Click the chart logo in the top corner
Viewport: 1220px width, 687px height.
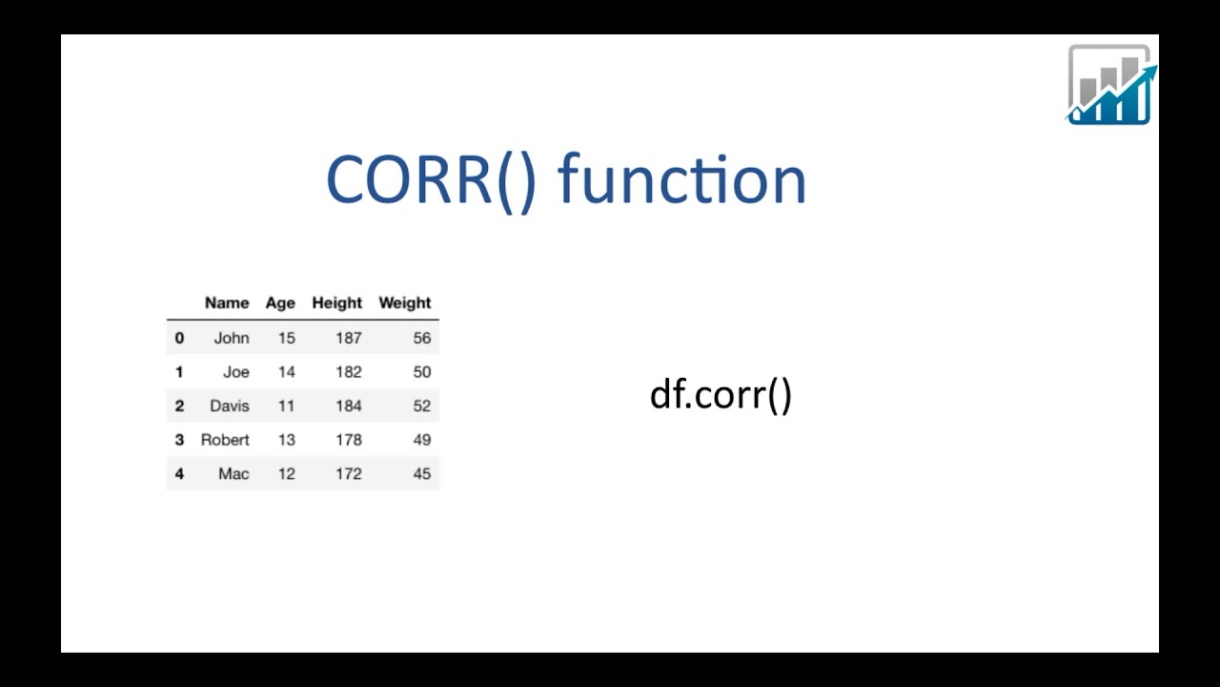[x=1110, y=85]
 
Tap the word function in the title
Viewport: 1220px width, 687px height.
[x=681, y=180]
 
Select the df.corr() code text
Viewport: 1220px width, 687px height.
[x=721, y=394]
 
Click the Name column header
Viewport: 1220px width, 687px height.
[x=227, y=303]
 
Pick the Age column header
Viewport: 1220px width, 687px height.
[x=280, y=303]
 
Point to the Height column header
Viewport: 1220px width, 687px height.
[x=336, y=303]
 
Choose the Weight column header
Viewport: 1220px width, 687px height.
[x=405, y=303]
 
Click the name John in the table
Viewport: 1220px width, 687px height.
[x=232, y=338]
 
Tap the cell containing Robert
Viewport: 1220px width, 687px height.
[x=225, y=440]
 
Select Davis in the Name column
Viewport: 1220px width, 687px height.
[x=230, y=406]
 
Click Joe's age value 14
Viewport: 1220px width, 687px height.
[x=286, y=372]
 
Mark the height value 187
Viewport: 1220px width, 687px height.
[x=348, y=338]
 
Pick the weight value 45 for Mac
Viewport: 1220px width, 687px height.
[x=421, y=473]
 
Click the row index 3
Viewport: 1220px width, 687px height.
[x=179, y=440]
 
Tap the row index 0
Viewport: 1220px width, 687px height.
[x=179, y=338]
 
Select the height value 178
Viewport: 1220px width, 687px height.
[x=348, y=440]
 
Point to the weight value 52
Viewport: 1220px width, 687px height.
[x=421, y=406]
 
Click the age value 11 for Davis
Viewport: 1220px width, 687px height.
[x=286, y=406]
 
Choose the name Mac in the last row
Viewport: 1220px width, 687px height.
[x=234, y=473]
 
